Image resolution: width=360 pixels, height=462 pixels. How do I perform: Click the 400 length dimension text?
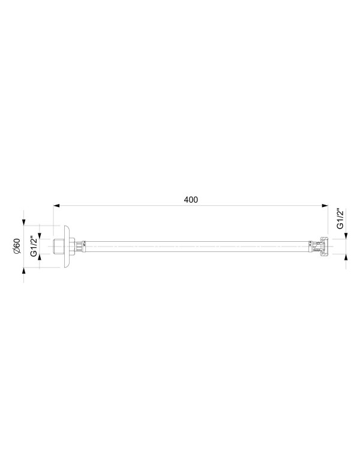pyautogui.click(x=191, y=199)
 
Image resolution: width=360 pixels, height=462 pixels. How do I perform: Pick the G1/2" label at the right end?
pyautogui.click(x=340, y=219)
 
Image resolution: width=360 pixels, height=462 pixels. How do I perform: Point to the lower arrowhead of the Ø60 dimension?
pyautogui.click(x=25, y=271)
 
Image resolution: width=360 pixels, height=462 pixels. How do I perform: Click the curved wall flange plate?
pyautogui.click(x=66, y=245)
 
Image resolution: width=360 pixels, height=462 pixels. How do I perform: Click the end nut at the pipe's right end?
pyautogui.click(x=324, y=245)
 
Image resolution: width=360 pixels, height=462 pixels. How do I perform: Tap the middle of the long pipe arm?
pyautogui.click(x=198, y=245)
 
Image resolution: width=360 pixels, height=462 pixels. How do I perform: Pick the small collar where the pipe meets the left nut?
pyautogui.click(x=84, y=245)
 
